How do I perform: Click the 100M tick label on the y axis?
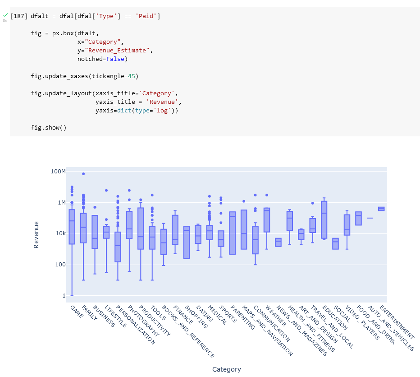[x=58, y=172]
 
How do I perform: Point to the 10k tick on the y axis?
[x=60, y=233]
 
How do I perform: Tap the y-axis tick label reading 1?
[x=64, y=295]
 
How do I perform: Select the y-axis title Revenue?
[x=37, y=234]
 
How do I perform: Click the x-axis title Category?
[x=227, y=369]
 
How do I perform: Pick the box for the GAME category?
[x=72, y=227]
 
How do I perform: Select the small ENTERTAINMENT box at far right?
[x=381, y=209]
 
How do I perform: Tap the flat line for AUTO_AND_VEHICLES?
[x=370, y=218]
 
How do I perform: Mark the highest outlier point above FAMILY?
[x=83, y=174]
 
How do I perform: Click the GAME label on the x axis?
[x=77, y=312]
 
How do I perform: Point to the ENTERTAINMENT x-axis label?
[x=397, y=322]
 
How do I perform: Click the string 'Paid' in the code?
[x=148, y=16]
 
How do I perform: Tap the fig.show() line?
[x=49, y=128]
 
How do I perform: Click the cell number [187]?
[x=18, y=16]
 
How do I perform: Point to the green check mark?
[x=5, y=15]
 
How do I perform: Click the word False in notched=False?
[x=115, y=59]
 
